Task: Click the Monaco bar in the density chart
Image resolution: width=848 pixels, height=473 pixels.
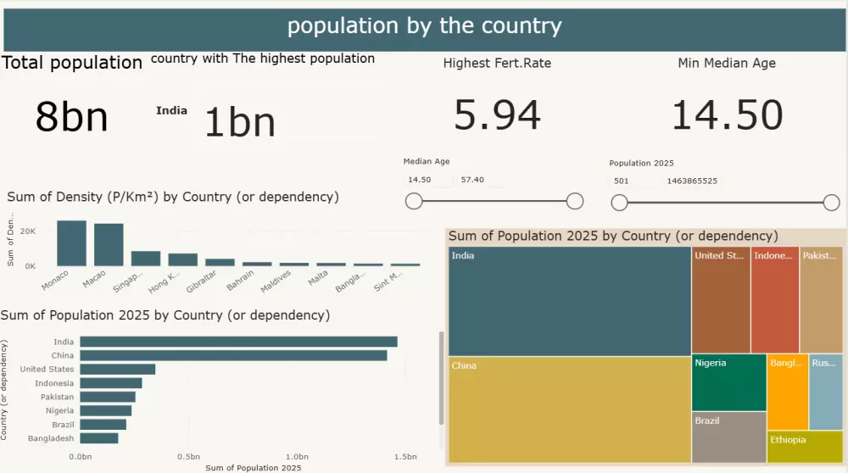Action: coord(71,243)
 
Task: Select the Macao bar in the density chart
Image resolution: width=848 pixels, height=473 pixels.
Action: coord(109,245)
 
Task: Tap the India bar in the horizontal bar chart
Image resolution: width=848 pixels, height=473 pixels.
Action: coord(238,342)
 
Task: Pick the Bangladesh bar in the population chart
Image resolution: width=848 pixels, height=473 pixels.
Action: coord(99,438)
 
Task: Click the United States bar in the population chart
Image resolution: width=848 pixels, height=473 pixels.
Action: coord(118,370)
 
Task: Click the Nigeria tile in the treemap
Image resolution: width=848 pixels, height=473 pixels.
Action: coord(728,382)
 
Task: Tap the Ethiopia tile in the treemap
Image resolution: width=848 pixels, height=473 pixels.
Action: coord(804,447)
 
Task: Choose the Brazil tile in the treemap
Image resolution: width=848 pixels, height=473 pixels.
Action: coord(728,437)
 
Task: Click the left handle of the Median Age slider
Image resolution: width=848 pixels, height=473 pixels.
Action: coord(414,201)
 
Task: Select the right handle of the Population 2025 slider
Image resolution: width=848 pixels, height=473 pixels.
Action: coord(831,202)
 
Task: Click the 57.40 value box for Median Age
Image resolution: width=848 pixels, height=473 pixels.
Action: coord(480,180)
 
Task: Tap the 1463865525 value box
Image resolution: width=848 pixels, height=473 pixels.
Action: coord(692,181)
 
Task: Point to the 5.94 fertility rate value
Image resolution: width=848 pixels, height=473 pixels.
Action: coord(497,115)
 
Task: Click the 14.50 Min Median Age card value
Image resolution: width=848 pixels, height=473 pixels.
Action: coord(727,115)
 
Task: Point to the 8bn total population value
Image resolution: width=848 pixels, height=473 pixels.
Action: coord(71,117)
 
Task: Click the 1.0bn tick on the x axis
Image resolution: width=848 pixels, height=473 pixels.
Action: coord(297,457)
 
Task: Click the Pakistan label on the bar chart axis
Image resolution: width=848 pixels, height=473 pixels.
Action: coord(58,397)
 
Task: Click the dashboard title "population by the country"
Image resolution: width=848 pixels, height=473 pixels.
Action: coord(424,26)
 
